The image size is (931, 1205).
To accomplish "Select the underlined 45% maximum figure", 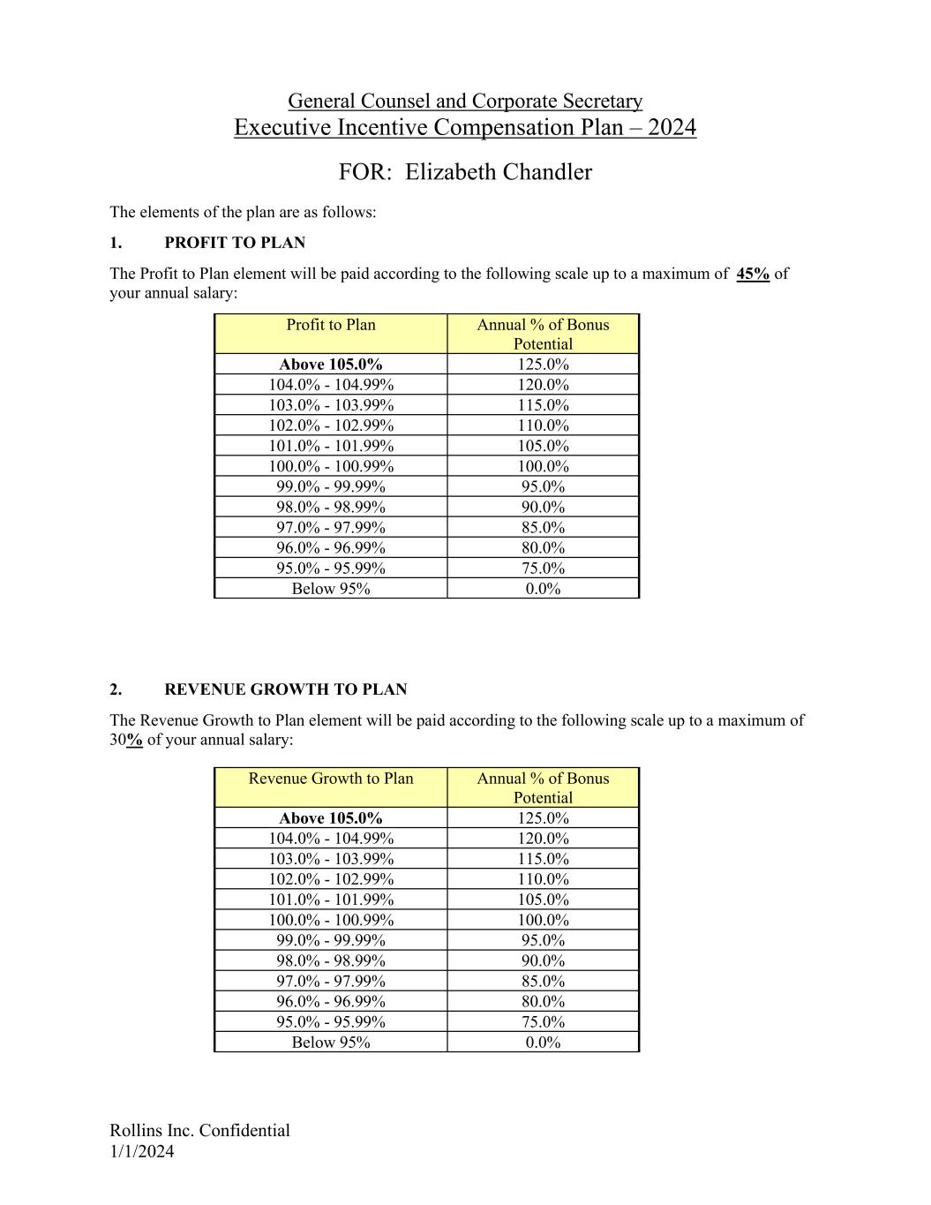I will tap(752, 274).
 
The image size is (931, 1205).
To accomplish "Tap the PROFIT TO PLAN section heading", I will tap(235, 243).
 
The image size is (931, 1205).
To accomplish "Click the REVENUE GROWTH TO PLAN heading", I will tap(286, 689).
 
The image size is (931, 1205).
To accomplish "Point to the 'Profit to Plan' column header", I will tap(331, 325).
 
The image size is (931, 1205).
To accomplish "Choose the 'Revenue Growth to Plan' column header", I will tap(331, 779).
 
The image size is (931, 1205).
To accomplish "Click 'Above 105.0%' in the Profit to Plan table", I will tap(331, 365).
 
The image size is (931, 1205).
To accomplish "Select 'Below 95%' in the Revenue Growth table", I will tap(331, 1043).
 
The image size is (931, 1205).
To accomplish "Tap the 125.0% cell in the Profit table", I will tap(543, 365).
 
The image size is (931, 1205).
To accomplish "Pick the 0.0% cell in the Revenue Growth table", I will tap(543, 1043).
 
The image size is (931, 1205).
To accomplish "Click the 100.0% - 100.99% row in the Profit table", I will tap(331, 466).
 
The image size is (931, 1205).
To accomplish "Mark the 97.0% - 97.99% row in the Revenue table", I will tap(331, 981).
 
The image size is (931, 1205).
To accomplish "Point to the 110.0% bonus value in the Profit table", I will tap(543, 426).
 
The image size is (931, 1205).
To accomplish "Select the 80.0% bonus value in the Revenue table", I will tap(543, 1001).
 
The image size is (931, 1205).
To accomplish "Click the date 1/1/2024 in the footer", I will tap(142, 1151).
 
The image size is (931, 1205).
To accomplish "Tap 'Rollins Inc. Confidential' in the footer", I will tap(199, 1131).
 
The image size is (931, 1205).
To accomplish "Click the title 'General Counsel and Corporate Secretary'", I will tap(465, 102).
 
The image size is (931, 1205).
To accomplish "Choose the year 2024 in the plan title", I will tap(672, 128).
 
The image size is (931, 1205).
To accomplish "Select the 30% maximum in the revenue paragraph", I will tap(126, 740).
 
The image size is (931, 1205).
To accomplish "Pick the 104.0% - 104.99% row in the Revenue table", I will tap(331, 839).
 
